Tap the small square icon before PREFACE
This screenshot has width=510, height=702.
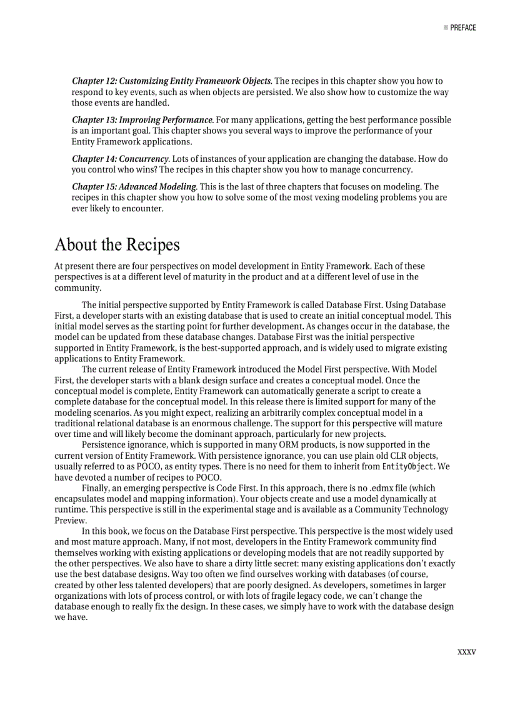(446, 28)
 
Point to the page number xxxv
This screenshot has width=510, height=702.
(466, 652)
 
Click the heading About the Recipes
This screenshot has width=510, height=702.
(117, 244)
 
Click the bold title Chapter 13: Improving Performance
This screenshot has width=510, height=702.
(142, 120)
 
